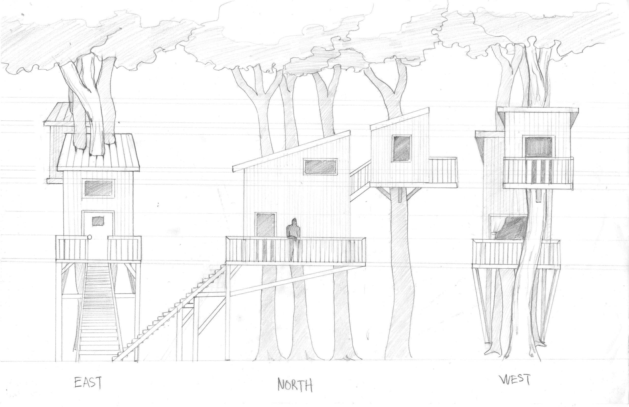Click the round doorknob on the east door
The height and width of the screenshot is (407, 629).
pos(89,237)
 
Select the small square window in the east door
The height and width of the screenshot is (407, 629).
pos(97,221)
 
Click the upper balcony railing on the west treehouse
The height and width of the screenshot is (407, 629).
pos(538,173)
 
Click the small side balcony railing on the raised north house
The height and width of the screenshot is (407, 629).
pos(443,171)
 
